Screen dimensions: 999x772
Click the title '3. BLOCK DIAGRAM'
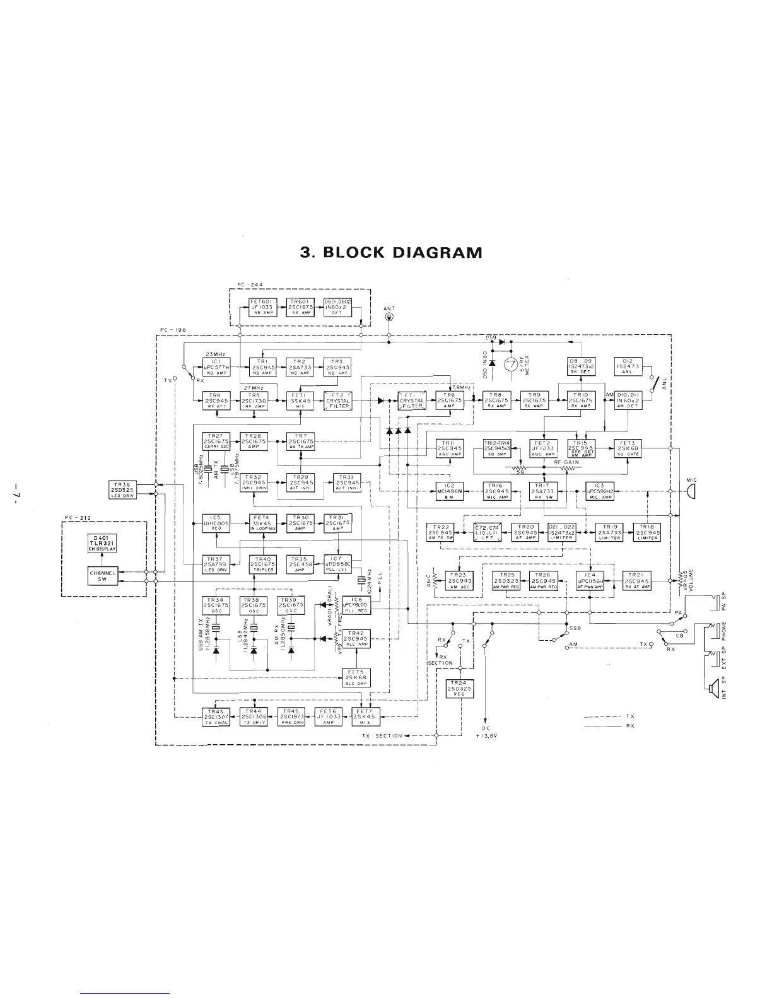(x=391, y=253)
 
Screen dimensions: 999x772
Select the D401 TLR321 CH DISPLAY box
(x=101, y=543)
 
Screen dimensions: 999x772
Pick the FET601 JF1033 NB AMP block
(x=261, y=307)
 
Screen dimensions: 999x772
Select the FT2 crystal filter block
(x=337, y=400)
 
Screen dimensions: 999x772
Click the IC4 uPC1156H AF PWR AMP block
(x=589, y=580)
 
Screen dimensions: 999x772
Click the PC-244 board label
(x=246, y=285)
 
